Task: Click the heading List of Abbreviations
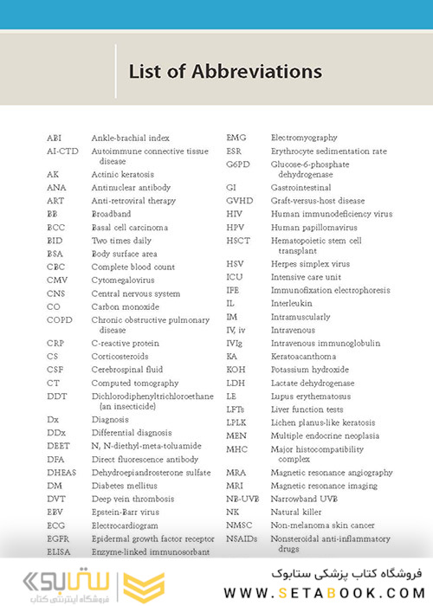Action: coord(225,72)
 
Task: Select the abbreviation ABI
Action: coord(54,139)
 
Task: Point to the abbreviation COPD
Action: coord(59,319)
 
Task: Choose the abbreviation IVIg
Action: coord(236,343)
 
